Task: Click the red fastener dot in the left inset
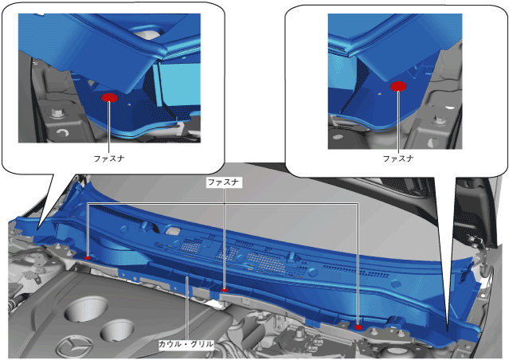point(109,98)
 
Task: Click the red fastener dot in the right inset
point(398,86)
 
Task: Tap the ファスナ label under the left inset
point(109,158)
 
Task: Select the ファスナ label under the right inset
point(398,158)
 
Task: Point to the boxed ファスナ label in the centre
point(224,182)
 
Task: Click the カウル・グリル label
point(186,344)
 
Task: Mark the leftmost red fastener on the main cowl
point(88,258)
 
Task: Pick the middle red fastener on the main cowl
point(225,290)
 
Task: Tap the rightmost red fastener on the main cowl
point(358,327)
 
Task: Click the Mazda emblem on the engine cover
point(74,346)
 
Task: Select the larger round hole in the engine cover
point(86,308)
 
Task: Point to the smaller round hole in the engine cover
point(117,331)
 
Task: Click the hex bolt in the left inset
point(58,114)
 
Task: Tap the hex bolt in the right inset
point(439,121)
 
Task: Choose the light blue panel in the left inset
point(181,85)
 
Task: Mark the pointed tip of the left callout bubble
point(38,229)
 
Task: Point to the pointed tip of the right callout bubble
point(448,331)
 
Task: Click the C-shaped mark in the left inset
point(62,132)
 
